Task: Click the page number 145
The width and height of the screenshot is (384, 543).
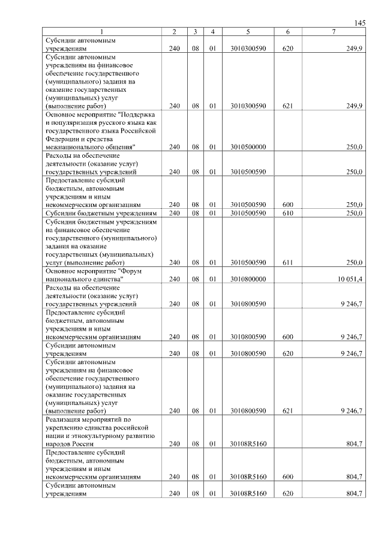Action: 360,23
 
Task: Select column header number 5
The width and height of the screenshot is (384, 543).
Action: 247,31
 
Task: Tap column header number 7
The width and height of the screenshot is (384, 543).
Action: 334,31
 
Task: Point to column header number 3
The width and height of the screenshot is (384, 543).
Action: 196,31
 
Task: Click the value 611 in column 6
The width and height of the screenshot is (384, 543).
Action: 287,263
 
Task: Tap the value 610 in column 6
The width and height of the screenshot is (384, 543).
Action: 287,213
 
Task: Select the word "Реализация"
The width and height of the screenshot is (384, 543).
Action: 62,419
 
